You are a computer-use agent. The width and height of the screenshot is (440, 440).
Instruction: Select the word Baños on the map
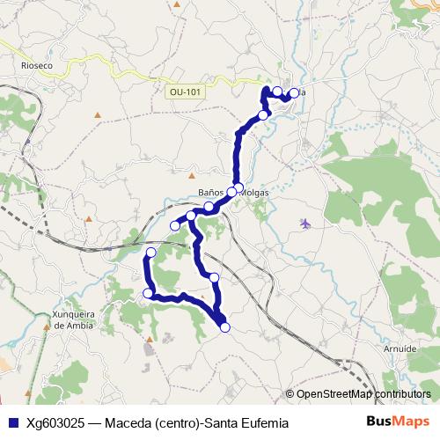[x=215, y=194]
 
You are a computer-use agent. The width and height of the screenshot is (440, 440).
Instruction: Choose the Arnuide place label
[x=400, y=348]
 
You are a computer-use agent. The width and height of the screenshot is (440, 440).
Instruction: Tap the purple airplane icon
[x=305, y=224]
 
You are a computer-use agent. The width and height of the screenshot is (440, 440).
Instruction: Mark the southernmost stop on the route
[x=225, y=327]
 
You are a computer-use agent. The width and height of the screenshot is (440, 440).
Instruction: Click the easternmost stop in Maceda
[x=294, y=93]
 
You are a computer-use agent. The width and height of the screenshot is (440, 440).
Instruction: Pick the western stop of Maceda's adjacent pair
[x=277, y=92]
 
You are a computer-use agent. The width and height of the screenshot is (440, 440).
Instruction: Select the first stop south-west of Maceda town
[x=263, y=114]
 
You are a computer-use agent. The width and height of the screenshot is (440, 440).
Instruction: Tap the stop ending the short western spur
[x=175, y=226]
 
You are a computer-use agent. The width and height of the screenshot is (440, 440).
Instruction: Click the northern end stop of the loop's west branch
[x=150, y=253]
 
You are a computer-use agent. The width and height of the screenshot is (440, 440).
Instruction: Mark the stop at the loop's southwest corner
[x=149, y=293]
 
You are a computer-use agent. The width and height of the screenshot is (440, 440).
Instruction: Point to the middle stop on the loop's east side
[x=214, y=277]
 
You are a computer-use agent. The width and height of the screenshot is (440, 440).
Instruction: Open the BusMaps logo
[x=398, y=422]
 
